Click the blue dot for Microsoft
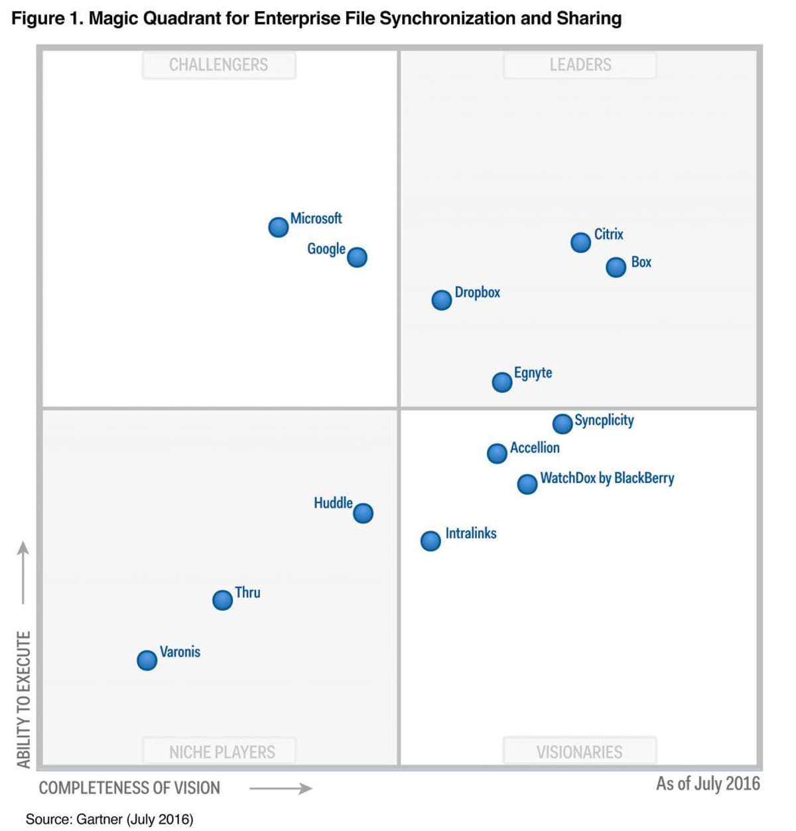point(279,227)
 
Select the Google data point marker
point(357,257)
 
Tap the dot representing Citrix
point(580,242)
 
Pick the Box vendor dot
point(616,267)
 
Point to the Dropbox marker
point(442,300)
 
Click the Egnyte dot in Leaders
point(502,382)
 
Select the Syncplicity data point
point(563,423)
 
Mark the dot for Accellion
point(497,453)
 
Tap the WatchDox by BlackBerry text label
point(607,478)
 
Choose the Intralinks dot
point(431,541)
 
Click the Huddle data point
point(363,513)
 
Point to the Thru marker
point(223,600)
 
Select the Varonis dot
point(147,660)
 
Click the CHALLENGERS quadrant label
point(219,65)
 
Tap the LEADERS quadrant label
point(580,65)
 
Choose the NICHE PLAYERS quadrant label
point(222,752)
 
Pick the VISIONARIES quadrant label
point(580,752)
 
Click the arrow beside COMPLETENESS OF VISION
point(281,789)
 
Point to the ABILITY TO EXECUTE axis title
point(24,699)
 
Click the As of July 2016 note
point(708,784)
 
